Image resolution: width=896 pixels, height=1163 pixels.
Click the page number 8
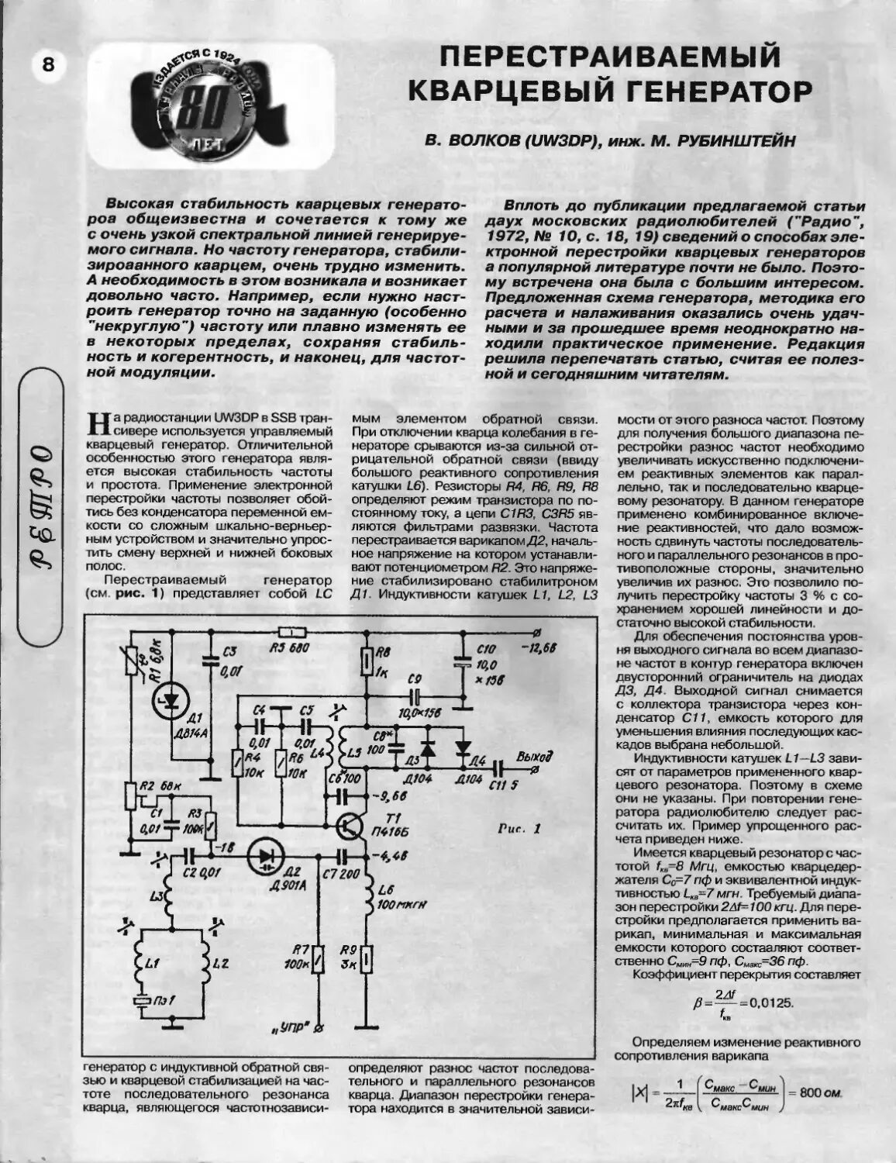coord(48,65)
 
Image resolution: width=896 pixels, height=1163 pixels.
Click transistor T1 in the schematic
coord(353,827)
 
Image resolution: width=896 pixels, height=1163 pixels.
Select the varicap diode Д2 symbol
coord(268,856)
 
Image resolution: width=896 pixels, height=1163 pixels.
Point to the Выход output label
coord(535,756)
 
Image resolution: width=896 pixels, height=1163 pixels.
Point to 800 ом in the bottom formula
coord(820,1092)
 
